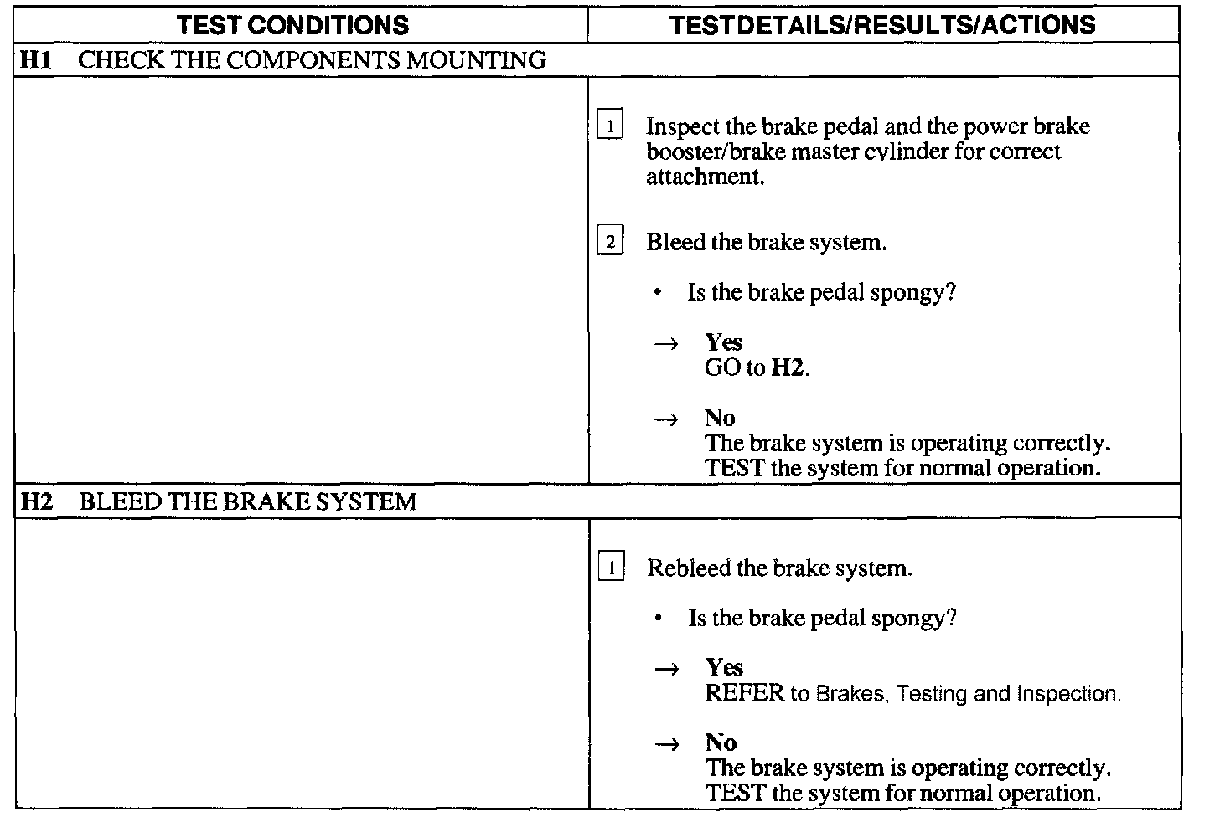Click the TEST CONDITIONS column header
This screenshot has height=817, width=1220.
click(293, 25)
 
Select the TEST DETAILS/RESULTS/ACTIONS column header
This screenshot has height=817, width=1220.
click(882, 25)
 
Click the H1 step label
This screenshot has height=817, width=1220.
click(34, 60)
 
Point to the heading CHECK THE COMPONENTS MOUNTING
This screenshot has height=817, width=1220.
click(312, 60)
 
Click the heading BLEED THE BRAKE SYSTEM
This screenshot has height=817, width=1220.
click(247, 502)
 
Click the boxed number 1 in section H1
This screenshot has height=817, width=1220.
click(610, 127)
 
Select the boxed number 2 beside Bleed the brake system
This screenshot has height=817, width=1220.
click(610, 243)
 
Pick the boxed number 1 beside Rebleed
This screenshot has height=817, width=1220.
click(611, 568)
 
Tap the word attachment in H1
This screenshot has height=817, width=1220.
click(704, 177)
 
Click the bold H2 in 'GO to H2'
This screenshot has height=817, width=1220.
click(788, 368)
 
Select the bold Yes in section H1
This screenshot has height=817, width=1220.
click(723, 342)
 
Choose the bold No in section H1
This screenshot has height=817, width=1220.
click(720, 418)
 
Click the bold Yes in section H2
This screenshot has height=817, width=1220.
click(724, 667)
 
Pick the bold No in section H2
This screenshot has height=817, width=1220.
click(721, 742)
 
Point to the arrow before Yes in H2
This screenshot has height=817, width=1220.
click(666, 669)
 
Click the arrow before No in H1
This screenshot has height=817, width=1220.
click(666, 419)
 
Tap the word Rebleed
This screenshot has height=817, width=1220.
click(689, 568)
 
